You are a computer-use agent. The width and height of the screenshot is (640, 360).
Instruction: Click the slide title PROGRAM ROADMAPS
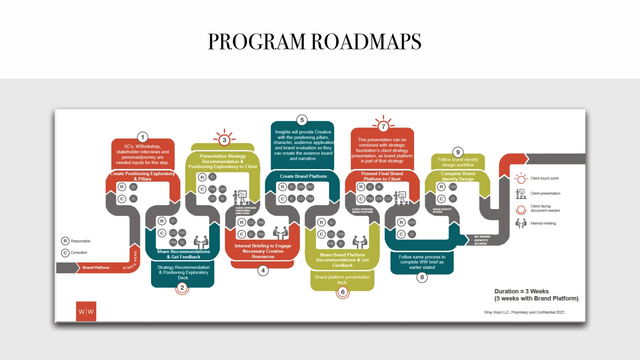pos(314,41)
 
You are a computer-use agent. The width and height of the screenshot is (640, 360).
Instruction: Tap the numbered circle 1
pos(143,137)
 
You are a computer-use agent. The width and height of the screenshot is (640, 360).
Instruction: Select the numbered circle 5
pos(302,120)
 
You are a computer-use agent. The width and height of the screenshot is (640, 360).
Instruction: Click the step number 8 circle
pos(422,277)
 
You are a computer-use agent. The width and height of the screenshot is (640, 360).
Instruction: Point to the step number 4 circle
pos(263,271)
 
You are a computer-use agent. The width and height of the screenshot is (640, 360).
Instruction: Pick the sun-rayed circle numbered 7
pos(383,126)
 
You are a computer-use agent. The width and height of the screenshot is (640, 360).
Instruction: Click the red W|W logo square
pos(86,311)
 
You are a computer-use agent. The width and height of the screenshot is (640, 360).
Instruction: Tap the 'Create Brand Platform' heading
pos(303,176)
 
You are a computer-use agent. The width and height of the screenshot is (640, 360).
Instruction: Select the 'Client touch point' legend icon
pos(521,178)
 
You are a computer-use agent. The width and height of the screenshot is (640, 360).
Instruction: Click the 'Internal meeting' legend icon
pos(521,223)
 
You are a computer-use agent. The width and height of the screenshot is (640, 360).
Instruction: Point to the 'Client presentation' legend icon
pos(521,194)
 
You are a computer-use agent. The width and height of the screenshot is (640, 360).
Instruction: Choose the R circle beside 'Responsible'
pos(65,241)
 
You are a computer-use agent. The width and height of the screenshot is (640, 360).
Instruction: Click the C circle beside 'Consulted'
pos(65,253)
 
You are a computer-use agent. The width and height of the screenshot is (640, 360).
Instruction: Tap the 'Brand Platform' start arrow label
pos(96,268)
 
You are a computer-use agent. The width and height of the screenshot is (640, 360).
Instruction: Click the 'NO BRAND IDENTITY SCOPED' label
pos(482,240)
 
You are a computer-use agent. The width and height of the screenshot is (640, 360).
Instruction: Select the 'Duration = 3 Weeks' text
pos(521,291)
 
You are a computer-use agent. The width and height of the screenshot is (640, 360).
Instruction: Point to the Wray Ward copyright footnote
pos(524,312)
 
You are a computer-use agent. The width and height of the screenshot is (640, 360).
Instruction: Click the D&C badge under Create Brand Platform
pos(310,187)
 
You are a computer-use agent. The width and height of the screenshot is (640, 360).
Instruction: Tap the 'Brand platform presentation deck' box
pos(342,280)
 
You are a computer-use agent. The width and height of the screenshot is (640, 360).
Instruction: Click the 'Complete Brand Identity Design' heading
pos(458,176)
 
